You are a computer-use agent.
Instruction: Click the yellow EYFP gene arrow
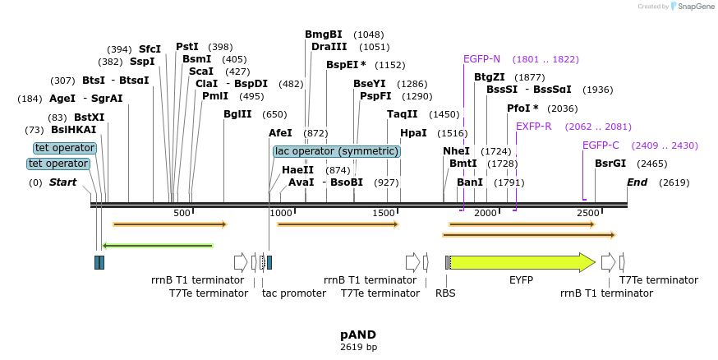click(522, 262)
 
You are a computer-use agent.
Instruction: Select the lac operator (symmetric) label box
click(336, 151)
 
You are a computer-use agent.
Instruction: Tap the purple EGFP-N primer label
click(481, 59)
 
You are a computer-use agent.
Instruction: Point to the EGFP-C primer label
click(601, 145)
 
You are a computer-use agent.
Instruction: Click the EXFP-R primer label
click(534, 127)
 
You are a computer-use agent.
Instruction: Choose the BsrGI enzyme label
click(610, 164)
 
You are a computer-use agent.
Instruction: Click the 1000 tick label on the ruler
click(281, 213)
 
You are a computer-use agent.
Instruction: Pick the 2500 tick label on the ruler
click(587, 213)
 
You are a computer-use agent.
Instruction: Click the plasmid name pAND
click(358, 335)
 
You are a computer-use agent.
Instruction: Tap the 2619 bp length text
click(358, 348)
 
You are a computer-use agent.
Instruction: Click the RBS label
click(445, 293)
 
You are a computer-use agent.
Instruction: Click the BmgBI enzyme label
click(323, 35)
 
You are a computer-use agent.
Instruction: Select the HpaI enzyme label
click(413, 133)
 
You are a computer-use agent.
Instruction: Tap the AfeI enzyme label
click(280, 133)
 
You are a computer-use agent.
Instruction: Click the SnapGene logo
click(690, 7)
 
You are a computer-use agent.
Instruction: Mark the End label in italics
click(637, 182)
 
